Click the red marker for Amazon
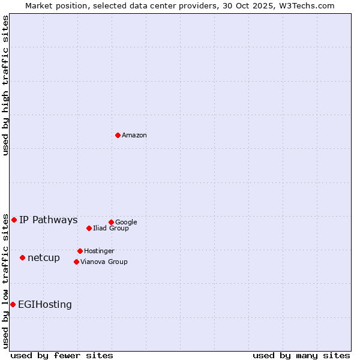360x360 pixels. coord(118,135)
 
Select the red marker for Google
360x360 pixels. coord(111,222)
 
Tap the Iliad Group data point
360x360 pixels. coord(89,228)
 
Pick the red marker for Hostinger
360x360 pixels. coord(80,251)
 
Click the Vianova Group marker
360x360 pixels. coord(76,262)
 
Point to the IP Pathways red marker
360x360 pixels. coord(14,220)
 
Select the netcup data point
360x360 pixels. coord(22,257)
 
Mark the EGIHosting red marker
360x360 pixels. coord(13,304)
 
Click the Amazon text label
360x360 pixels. coord(134,136)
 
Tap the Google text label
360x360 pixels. coord(126,223)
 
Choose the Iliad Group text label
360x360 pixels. coord(111,229)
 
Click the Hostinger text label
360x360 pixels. coord(99,251)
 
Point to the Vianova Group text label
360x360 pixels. coord(104,262)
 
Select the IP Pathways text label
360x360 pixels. coord(49,220)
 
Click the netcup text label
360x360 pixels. coord(44,258)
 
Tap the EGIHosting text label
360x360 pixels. coord(45,305)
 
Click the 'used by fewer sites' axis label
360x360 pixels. coord(62,355)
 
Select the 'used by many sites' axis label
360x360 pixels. coord(301,355)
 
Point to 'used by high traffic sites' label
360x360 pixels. coord(5,85)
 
